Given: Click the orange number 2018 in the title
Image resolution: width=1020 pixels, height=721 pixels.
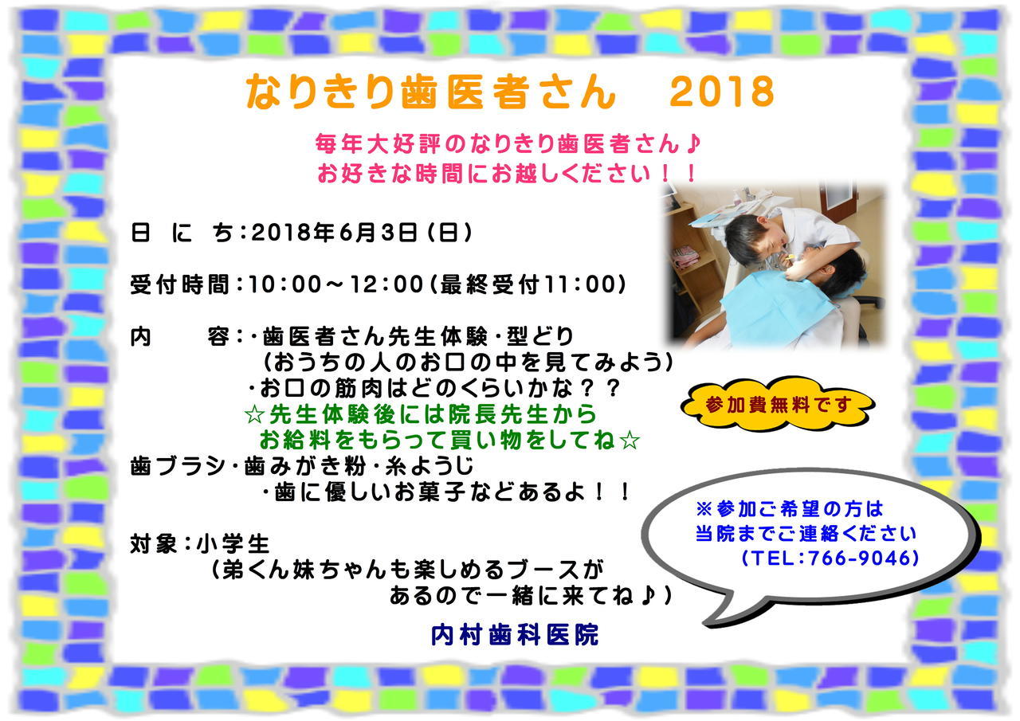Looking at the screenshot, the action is point(722,92).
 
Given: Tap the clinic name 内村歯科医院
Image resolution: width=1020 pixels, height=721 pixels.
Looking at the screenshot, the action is point(515,635).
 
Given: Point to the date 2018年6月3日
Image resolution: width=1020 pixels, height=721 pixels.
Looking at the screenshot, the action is point(335,233).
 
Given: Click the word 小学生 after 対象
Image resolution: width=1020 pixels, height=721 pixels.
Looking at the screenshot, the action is point(233,544).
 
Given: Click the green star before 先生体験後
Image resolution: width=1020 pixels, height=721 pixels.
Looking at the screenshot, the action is point(254,414).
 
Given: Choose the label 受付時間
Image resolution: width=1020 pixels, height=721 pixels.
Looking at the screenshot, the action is point(180,284).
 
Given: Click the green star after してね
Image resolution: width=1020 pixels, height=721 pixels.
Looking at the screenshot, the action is point(630,441).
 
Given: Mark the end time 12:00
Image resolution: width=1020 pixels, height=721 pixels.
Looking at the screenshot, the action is point(387,284).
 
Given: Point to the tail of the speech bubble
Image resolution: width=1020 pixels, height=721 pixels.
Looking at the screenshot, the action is point(707,625).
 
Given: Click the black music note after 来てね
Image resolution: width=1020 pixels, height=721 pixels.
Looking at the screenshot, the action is point(648,595).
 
